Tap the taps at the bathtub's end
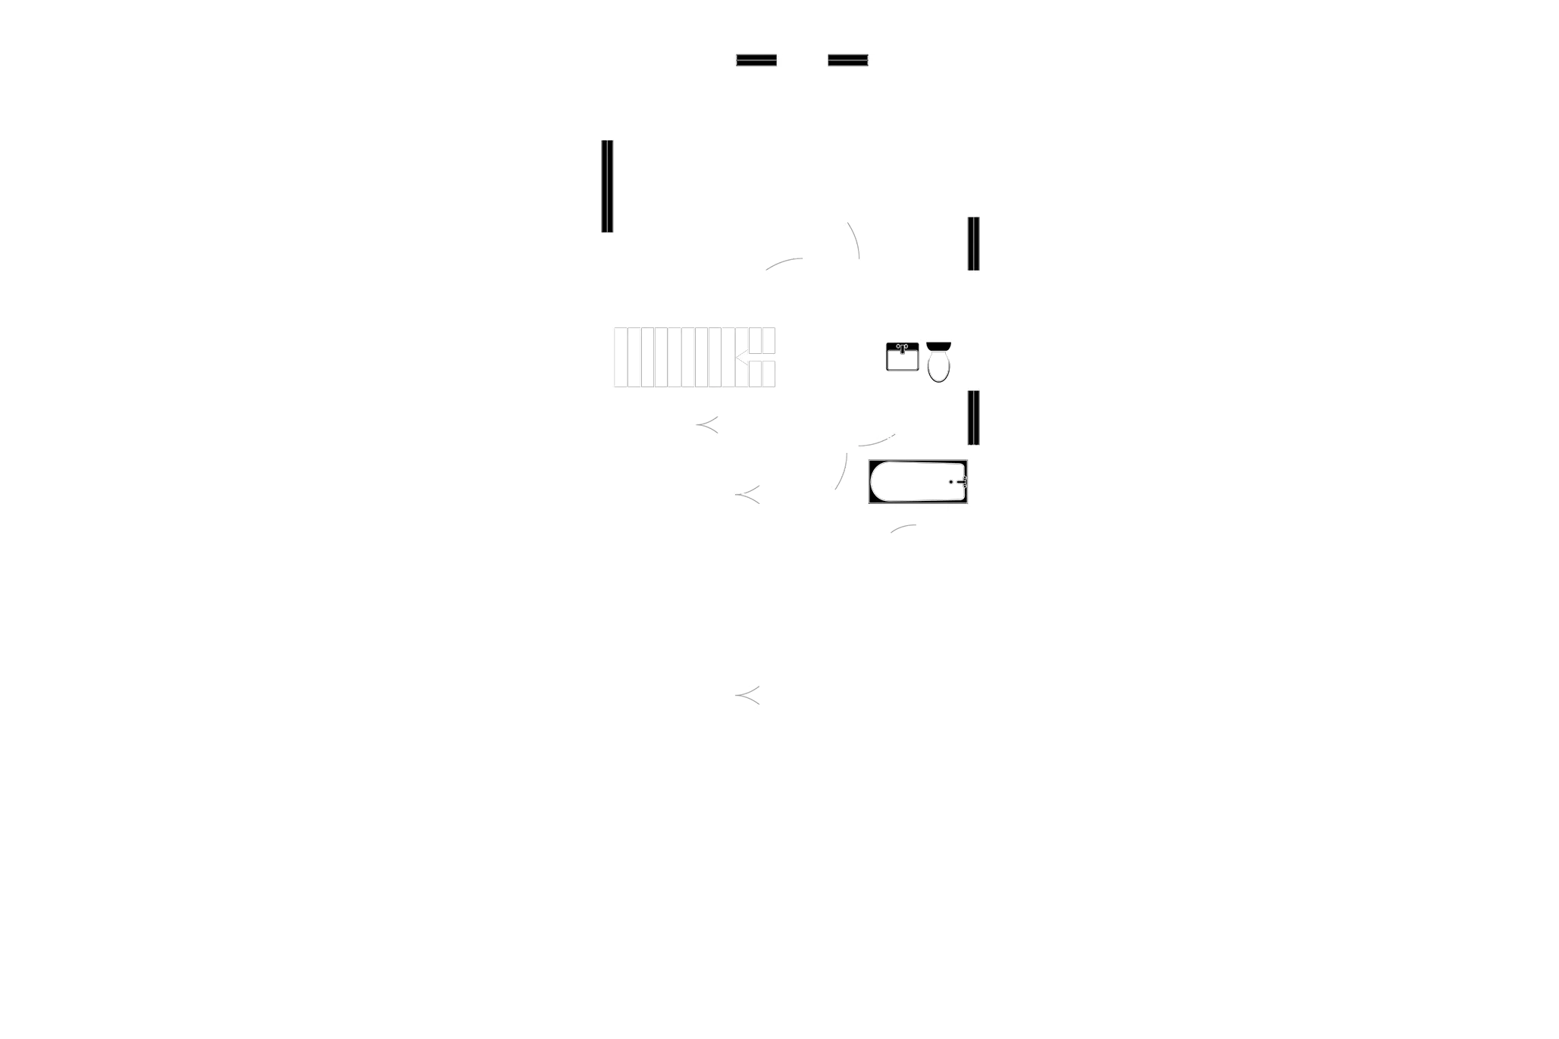(961, 481)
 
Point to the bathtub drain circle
(951, 481)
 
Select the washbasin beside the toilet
(903, 358)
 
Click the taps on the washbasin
(902, 346)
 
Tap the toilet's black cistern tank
(938, 346)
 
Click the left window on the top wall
(756, 58)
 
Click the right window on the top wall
(847, 58)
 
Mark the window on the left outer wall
(607, 186)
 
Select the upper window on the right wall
(972, 243)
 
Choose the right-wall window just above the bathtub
(972, 416)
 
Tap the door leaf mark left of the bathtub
(841, 470)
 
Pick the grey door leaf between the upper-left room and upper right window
(853, 238)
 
